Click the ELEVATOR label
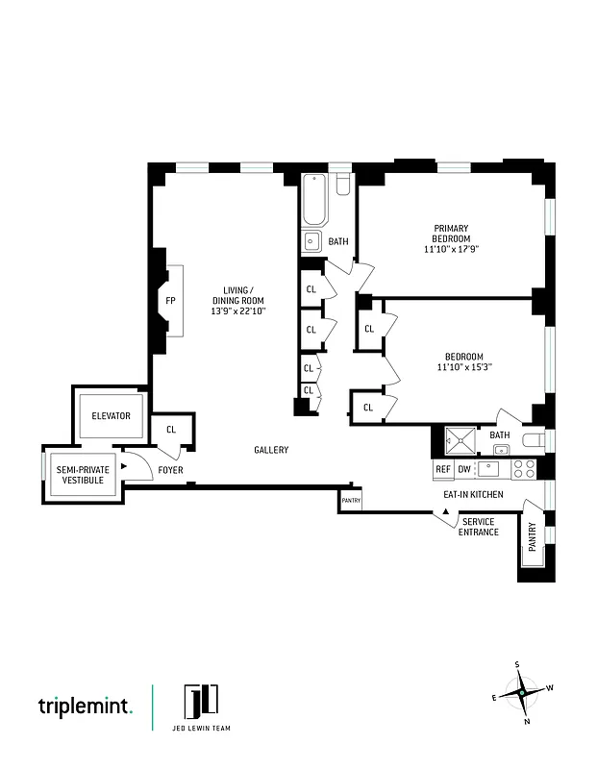coord(111,416)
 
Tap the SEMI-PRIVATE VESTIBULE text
coord(83,474)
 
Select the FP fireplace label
coord(170,300)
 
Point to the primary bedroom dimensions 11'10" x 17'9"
coord(451,249)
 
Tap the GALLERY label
coord(271,450)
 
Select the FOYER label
coord(170,470)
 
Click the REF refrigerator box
coord(443,470)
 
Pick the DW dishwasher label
coord(465,470)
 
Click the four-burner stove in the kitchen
coord(523,469)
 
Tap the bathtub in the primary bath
coord(313,200)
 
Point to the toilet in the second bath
coord(534,440)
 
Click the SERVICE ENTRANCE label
coord(478,527)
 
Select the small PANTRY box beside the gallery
coord(350,501)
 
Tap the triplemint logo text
coord(86,707)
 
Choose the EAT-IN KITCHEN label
coord(473,493)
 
